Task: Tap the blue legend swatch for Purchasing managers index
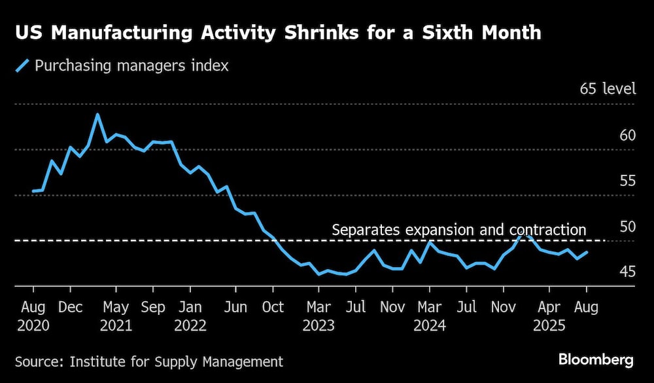coord(23,65)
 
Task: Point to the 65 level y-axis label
coord(608,89)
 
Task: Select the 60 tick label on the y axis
coord(627,136)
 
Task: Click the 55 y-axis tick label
coord(627,181)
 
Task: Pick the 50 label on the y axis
coord(627,227)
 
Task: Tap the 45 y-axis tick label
coord(627,272)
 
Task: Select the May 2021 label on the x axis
coord(116,316)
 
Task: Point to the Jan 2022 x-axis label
coord(190,316)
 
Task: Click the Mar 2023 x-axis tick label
coord(318,316)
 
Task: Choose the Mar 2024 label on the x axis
coord(429,316)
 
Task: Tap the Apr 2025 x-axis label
coord(549,316)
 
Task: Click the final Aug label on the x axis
coord(586,306)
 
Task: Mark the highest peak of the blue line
coord(97,115)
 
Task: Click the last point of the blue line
coord(587,252)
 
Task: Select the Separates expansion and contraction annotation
coord(459,230)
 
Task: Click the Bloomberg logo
coord(596,359)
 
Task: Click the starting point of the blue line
coord(33,191)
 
